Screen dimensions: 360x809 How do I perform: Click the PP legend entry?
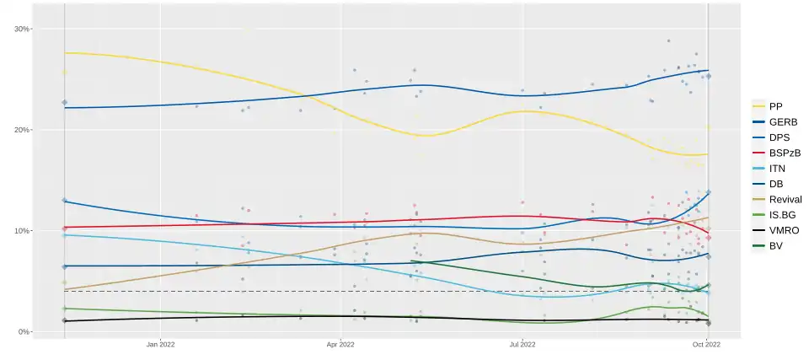[776, 106]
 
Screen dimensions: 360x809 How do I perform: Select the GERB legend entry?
[782, 121]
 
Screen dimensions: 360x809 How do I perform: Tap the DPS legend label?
[780, 137]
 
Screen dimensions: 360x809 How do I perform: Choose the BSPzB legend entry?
[785, 153]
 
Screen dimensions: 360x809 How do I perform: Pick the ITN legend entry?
[778, 168]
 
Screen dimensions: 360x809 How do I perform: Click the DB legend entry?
[776, 184]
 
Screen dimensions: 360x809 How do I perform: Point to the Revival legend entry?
[785, 199]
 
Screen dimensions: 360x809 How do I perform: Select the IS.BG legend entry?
[781, 215]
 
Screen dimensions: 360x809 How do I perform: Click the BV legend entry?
[776, 246]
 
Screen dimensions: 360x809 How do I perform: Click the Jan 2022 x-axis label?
[160, 344]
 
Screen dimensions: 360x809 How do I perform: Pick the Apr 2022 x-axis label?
[340, 344]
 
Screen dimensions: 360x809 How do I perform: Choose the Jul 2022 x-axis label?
[522, 344]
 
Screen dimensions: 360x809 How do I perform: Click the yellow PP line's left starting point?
[65, 53]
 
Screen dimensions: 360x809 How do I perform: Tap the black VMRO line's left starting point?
[65, 320]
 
